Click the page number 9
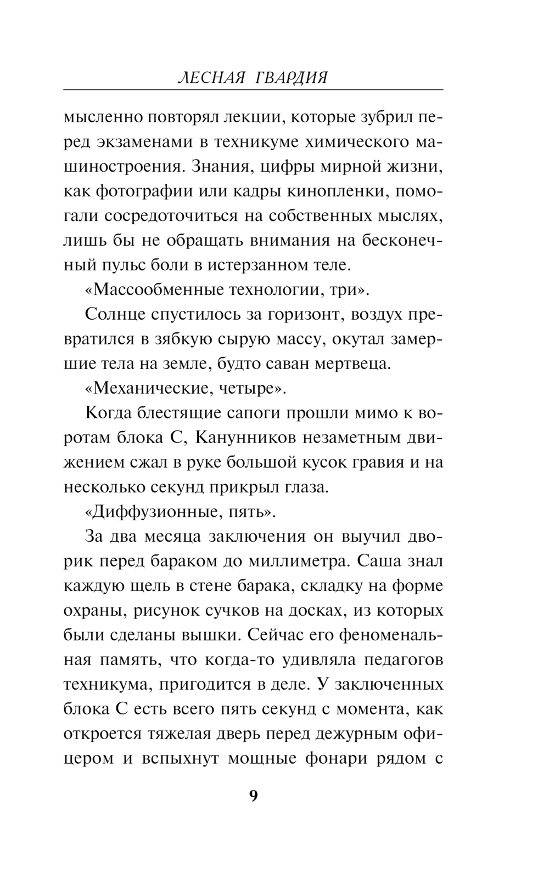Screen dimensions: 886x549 253,796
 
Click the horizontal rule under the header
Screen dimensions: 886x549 253,89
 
